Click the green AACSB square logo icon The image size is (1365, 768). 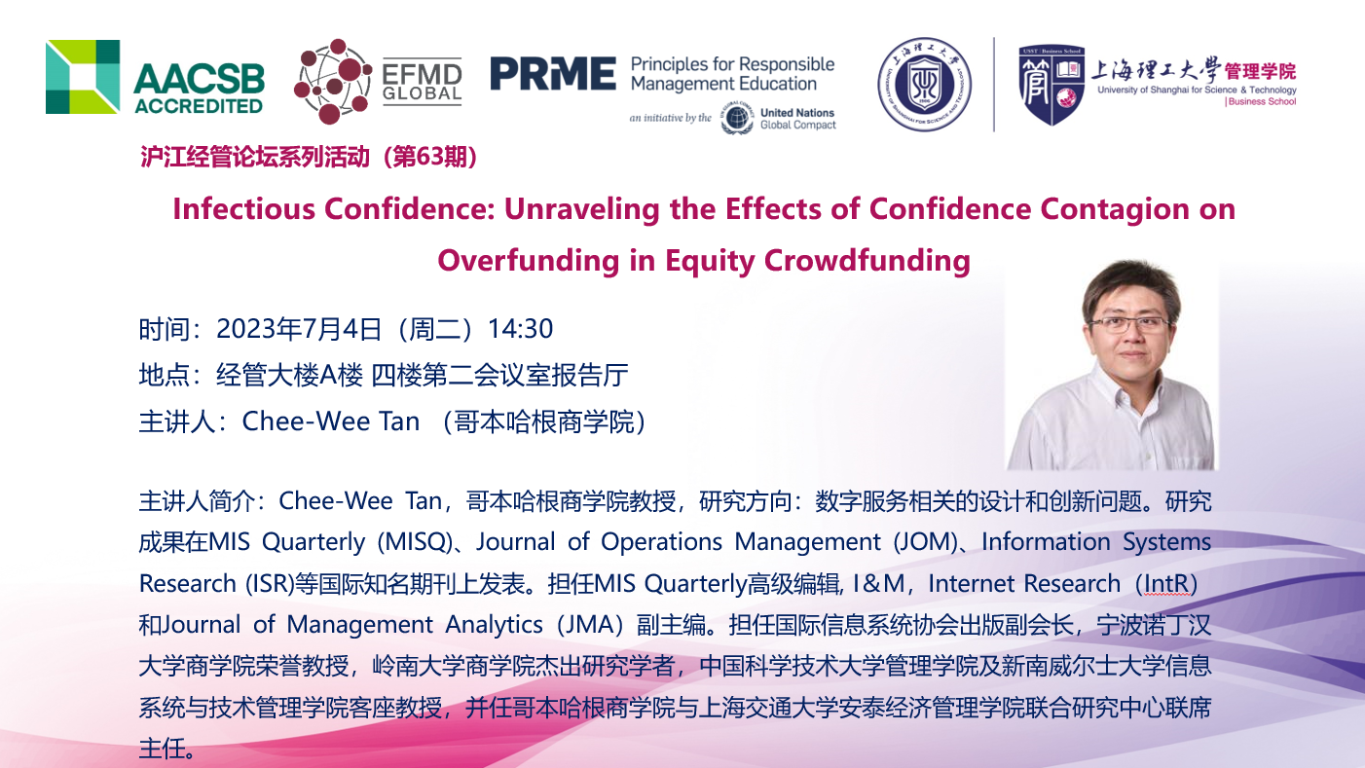pyautogui.click(x=83, y=77)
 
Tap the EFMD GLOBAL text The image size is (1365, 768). pyautogui.click(x=422, y=82)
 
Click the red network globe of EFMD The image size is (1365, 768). pyautogui.click(x=332, y=82)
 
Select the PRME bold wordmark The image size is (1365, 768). pyautogui.click(x=553, y=74)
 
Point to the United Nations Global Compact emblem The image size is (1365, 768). pyautogui.click(x=737, y=118)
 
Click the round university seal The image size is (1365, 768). pyautogui.click(x=924, y=84)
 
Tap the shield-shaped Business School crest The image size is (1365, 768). pyautogui.click(x=1051, y=85)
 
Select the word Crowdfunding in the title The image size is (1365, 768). pyautogui.click(x=867, y=261)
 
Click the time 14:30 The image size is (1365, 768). pyautogui.click(x=521, y=329)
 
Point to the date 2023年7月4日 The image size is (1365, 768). pyautogui.click(x=299, y=329)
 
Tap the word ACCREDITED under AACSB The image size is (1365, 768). pyautogui.click(x=199, y=106)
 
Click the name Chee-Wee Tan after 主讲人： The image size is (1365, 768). pyautogui.click(x=331, y=421)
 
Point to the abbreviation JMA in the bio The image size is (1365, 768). pyautogui.click(x=589, y=625)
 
